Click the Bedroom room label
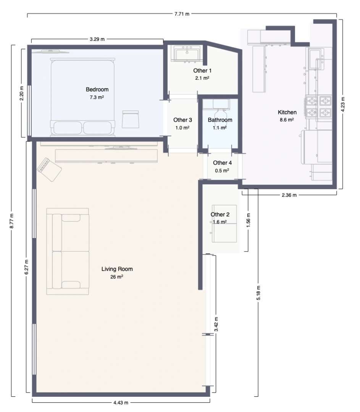[97, 90]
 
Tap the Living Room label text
[117, 269]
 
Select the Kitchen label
[287, 112]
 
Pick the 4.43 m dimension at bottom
[121, 402]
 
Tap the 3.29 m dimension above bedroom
[97, 39]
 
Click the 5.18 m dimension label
[258, 293]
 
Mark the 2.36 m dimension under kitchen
[289, 195]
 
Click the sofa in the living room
[68, 251]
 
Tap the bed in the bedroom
[82, 97]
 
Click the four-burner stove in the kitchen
[318, 107]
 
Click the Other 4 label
[222, 163]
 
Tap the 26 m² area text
[116, 277]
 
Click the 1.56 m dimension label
[248, 220]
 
